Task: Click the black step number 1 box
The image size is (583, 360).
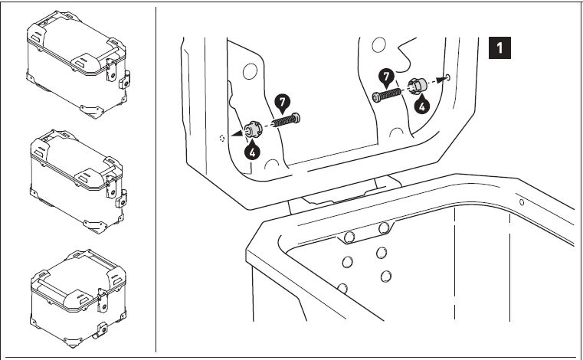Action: pos(499,47)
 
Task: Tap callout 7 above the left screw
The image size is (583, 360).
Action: pos(283,103)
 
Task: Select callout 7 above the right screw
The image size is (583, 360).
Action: pos(386,77)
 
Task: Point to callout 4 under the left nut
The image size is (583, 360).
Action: pos(253,151)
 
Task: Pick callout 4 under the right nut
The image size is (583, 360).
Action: pos(422,105)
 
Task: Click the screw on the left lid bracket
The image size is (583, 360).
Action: pos(286,120)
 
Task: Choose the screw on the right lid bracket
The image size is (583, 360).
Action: pos(387,95)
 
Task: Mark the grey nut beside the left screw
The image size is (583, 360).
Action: pos(254,129)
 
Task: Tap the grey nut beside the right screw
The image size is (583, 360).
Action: pos(418,87)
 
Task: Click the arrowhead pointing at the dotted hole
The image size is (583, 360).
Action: pos(237,133)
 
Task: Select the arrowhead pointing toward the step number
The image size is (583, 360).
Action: pos(441,79)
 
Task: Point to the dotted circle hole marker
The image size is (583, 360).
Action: pos(222,139)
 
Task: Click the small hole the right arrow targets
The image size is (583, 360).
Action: pos(447,77)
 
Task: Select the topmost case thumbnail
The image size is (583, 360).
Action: pos(78,64)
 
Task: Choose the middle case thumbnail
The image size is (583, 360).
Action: pos(78,182)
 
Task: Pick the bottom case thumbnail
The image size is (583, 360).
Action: pos(78,298)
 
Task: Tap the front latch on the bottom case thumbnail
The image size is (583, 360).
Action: pos(102,300)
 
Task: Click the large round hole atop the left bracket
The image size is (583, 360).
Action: pos(251,71)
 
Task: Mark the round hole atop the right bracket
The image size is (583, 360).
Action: pos(378,44)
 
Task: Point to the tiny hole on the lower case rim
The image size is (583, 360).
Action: pos(522,202)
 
